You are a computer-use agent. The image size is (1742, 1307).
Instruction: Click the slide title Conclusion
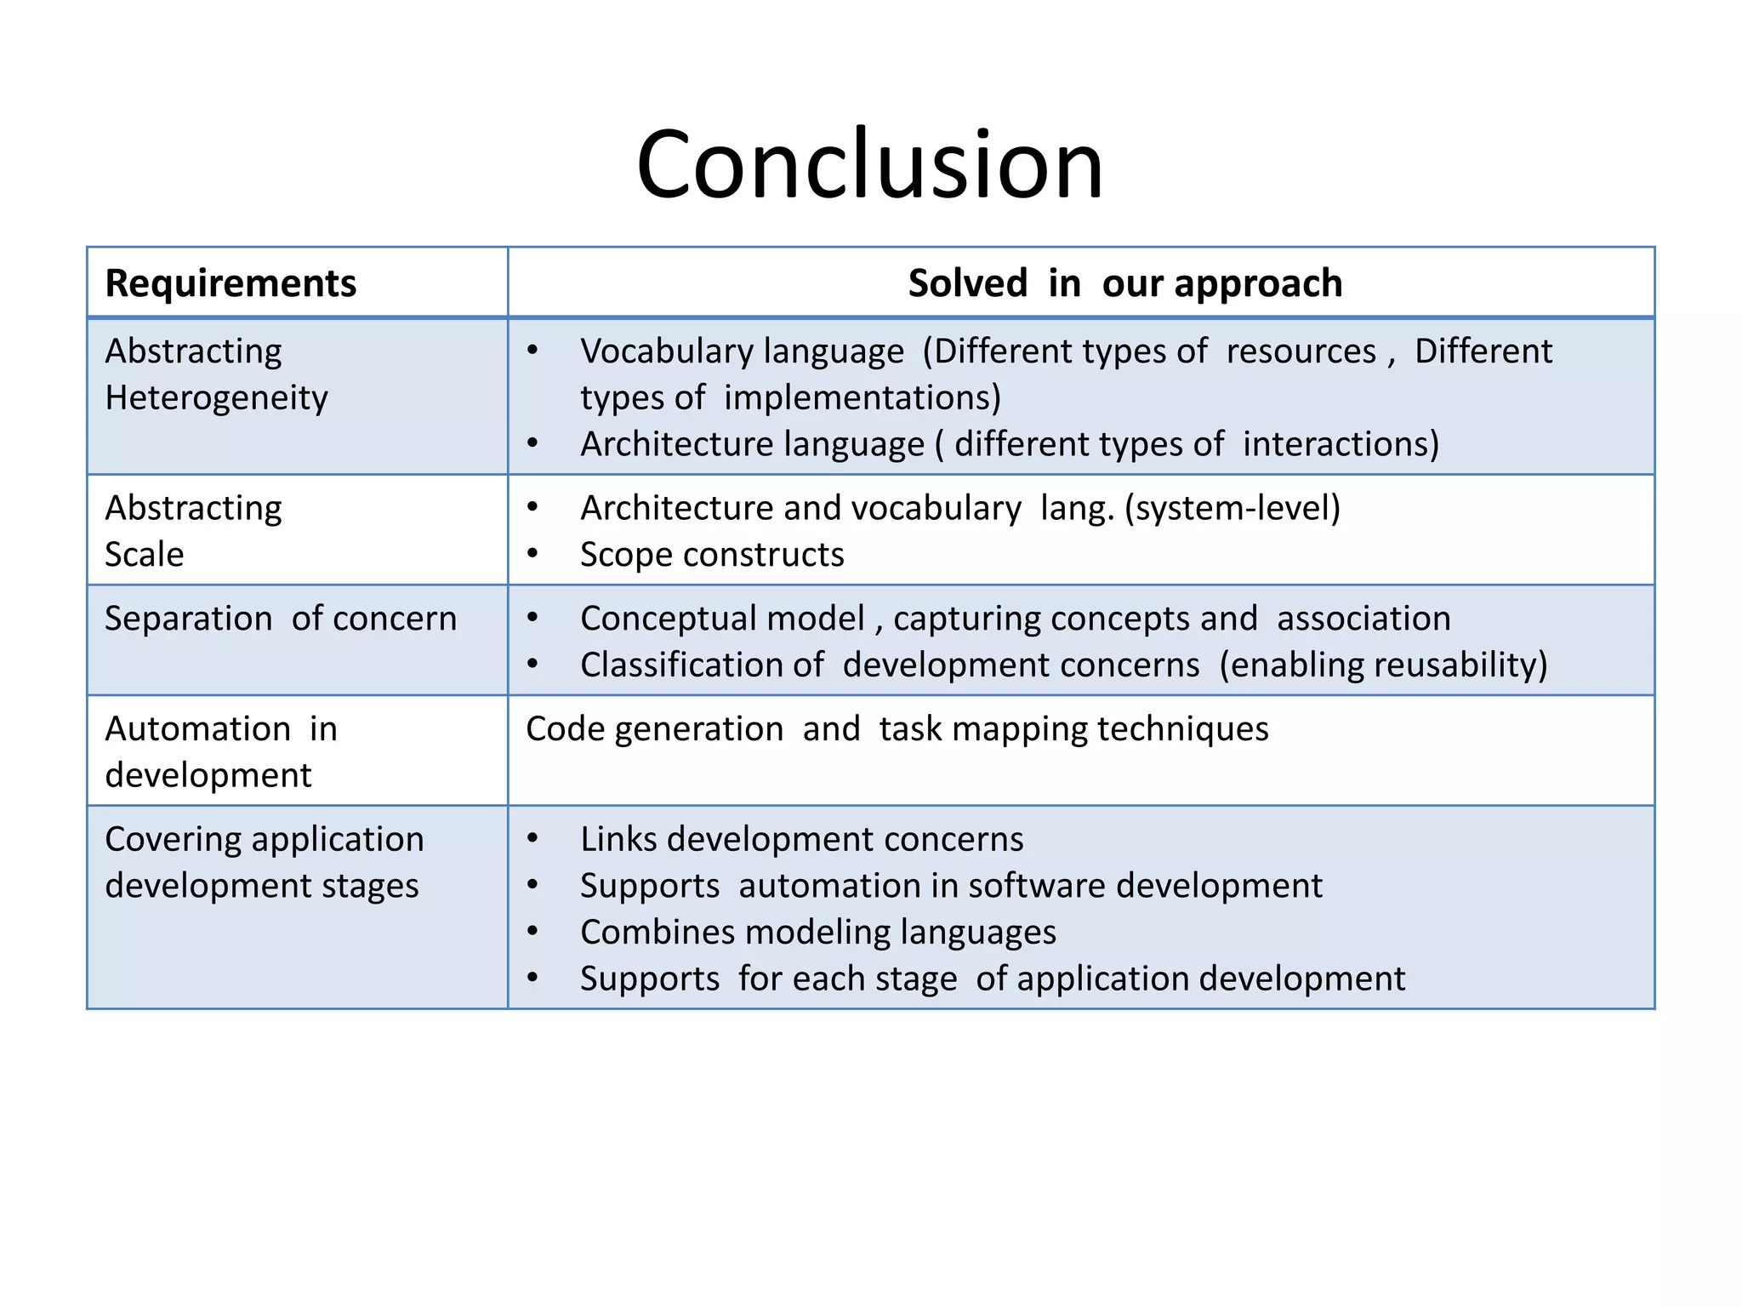click(869, 164)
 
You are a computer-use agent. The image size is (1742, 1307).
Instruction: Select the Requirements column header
click(231, 283)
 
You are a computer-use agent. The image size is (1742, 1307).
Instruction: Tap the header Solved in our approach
click(1124, 283)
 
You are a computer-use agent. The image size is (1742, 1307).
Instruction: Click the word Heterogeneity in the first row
click(216, 398)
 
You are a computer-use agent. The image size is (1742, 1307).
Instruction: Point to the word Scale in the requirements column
click(144, 555)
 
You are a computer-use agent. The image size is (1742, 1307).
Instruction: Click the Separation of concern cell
click(281, 619)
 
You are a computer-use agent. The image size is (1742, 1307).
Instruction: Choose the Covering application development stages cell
click(264, 862)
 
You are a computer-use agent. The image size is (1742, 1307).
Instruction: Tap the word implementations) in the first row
click(862, 398)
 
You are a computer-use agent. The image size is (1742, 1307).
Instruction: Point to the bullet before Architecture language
click(532, 444)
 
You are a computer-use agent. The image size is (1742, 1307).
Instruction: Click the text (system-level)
click(1232, 508)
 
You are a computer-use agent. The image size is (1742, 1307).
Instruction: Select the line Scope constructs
click(712, 555)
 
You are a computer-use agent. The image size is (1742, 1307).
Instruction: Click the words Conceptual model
click(722, 619)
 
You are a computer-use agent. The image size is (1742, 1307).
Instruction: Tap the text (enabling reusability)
click(1382, 665)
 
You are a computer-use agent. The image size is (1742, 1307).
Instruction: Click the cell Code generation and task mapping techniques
click(897, 729)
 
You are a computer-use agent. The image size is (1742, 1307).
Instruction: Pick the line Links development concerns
click(801, 840)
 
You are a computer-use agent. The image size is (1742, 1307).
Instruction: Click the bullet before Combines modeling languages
click(532, 933)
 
